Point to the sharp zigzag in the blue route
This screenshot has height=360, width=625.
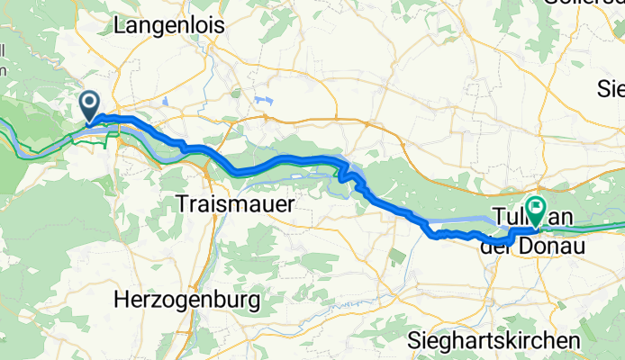345,171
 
